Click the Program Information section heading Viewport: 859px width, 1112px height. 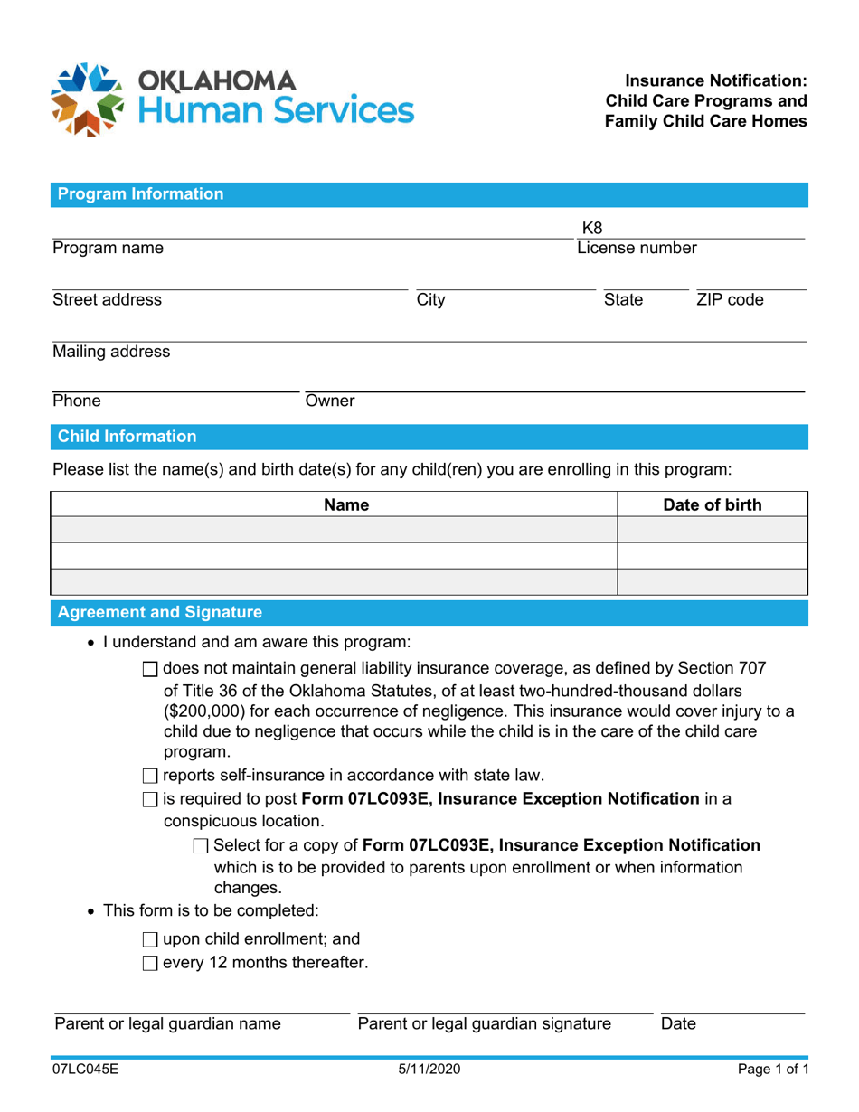pos(140,193)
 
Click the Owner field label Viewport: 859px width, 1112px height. pos(329,400)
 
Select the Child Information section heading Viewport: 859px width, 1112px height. pos(127,438)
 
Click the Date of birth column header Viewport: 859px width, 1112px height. pos(712,504)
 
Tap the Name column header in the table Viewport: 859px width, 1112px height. pos(346,504)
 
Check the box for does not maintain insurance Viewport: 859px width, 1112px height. pos(151,670)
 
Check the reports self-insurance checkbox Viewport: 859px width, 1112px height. pos(151,774)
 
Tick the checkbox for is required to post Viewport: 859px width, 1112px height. pos(151,799)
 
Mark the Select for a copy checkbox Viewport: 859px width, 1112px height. pos(202,846)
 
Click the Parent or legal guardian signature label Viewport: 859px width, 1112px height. pos(484,1024)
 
